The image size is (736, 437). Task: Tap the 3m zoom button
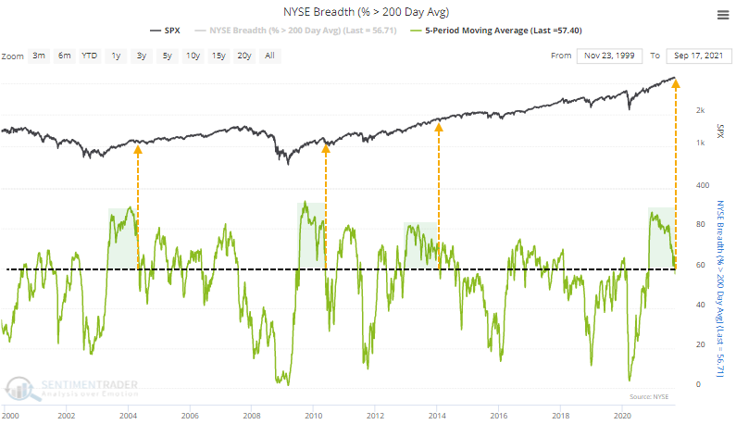coord(39,56)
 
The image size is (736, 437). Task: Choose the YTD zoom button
coord(90,56)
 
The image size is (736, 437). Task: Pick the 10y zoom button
coord(192,56)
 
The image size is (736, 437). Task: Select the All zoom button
coord(268,56)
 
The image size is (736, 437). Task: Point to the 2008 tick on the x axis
coord(252,418)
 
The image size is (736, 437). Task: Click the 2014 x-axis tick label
coord(438,418)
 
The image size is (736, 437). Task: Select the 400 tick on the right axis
coord(700,186)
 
